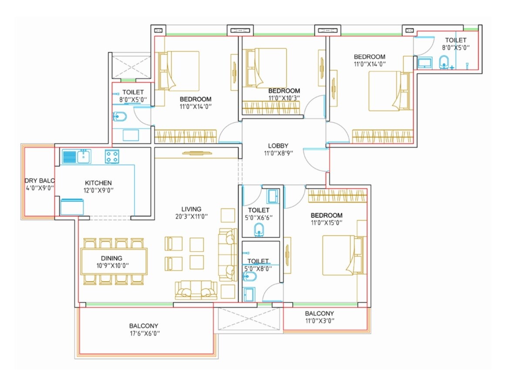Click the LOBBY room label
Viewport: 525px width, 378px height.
click(x=278, y=146)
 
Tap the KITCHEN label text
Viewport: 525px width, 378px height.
click(x=98, y=183)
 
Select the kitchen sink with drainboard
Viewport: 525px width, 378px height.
click(x=76, y=156)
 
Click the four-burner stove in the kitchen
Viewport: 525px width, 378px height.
click(x=112, y=156)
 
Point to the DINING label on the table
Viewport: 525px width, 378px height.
click(x=111, y=258)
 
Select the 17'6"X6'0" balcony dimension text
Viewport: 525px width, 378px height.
click(x=143, y=333)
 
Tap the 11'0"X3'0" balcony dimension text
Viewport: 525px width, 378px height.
click(x=319, y=321)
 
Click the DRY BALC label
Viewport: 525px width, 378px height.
click(x=39, y=181)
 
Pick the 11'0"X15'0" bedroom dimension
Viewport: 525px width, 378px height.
click(x=326, y=223)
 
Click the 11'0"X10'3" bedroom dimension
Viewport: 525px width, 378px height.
click(x=284, y=98)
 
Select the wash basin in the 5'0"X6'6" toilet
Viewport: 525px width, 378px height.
click(x=259, y=230)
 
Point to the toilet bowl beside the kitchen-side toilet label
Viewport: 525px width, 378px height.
click(x=119, y=116)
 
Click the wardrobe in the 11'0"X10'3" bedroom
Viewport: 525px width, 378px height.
click(x=270, y=108)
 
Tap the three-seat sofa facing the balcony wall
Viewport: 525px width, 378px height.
click(x=196, y=290)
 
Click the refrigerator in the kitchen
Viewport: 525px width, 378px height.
click(x=72, y=206)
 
